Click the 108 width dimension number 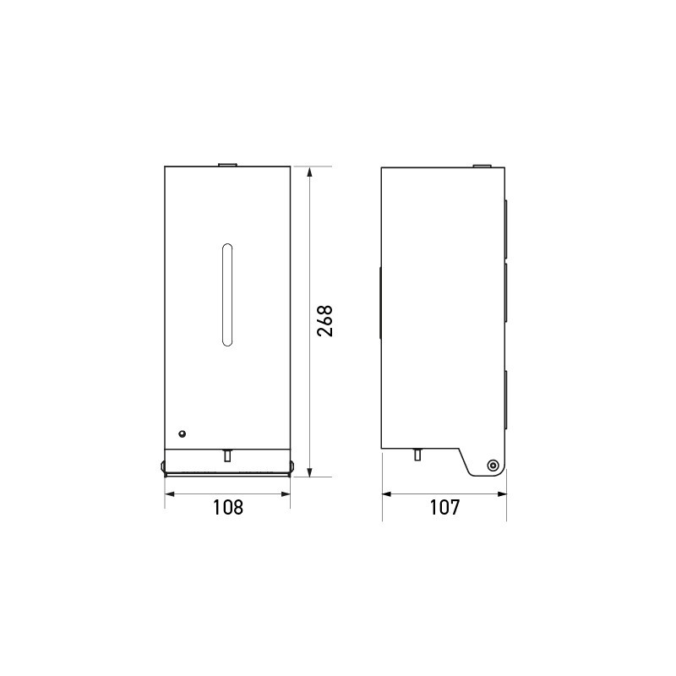pos(227,507)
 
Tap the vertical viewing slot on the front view pos(226,294)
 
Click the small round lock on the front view pos(181,433)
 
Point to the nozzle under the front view pos(226,455)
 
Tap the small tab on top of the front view pos(226,164)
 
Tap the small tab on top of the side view pos(480,164)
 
